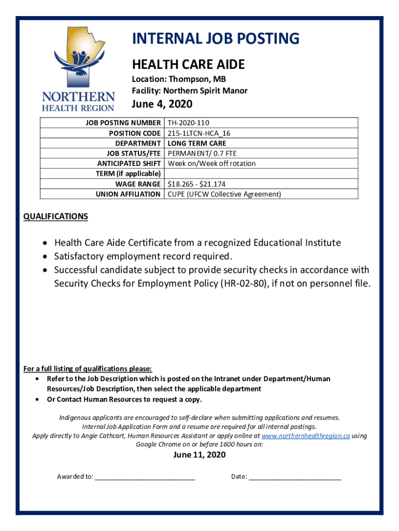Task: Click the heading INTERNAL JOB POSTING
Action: click(x=216, y=39)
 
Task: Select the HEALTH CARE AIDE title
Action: click(x=188, y=64)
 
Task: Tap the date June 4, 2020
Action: click(x=162, y=104)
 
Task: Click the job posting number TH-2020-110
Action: click(x=189, y=123)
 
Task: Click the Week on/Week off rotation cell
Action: click(x=211, y=163)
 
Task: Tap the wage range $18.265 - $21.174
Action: click(x=196, y=184)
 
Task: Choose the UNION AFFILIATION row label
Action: click(x=128, y=194)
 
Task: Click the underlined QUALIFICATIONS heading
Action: click(x=56, y=216)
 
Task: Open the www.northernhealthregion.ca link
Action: click(x=306, y=436)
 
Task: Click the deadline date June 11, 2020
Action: click(x=199, y=455)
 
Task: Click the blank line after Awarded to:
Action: click(x=145, y=477)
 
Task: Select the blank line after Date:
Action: click(x=295, y=477)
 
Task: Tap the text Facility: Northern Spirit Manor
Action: click(x=190, y=91)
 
